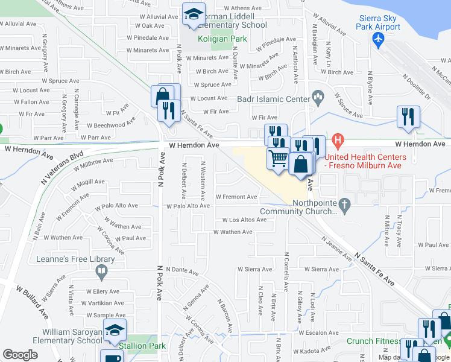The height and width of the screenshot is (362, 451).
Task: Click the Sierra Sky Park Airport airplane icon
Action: tap(379, 41)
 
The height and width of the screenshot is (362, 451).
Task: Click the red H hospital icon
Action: tap(338, 142)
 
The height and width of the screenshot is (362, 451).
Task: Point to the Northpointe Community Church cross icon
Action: tap(345, 205)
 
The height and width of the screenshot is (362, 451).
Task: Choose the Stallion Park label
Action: tap(142, 346)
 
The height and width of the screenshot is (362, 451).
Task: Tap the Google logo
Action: tap(20, 354)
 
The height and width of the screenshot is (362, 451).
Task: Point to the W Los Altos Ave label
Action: tap(245, 220)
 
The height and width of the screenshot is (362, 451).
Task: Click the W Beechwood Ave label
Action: tap(110, 125)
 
